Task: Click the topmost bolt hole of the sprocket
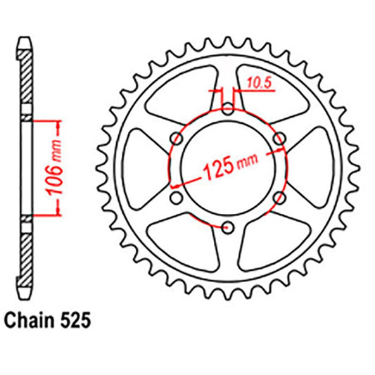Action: [x=227, y=108]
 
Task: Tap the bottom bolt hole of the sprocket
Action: [x=227, y=227]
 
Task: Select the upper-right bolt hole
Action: [x=279, y=138]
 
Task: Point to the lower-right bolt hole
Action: [x=279, y=197]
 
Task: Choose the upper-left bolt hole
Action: [x=175, y=138]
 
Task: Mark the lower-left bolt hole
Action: [x=175, y=197]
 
